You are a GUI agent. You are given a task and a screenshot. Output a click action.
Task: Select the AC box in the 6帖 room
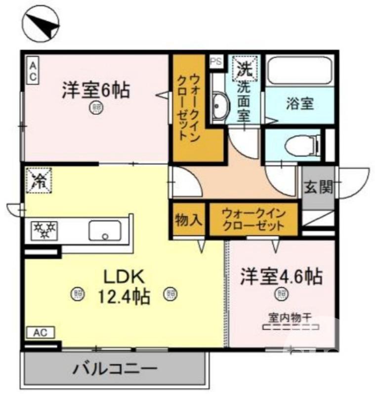32,71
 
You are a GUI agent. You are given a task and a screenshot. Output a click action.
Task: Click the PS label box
216,61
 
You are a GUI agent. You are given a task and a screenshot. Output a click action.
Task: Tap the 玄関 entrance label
318,188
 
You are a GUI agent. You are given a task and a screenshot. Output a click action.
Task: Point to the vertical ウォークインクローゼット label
189,108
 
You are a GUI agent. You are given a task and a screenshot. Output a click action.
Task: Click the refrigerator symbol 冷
39,180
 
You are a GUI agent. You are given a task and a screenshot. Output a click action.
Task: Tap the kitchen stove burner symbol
44,230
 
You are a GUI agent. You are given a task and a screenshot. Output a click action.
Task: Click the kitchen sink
105,230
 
